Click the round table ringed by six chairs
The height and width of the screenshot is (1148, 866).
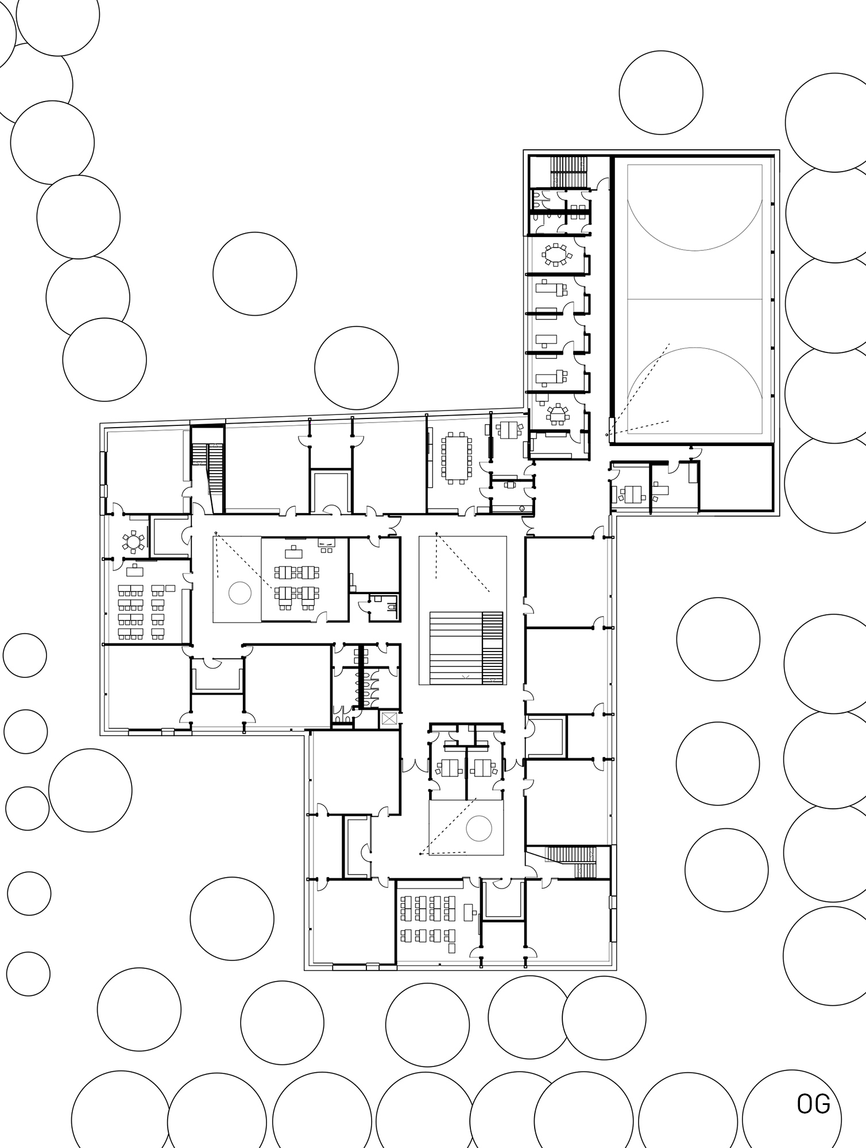133,541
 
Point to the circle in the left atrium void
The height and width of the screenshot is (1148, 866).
239,592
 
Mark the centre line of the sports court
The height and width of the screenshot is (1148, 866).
695,299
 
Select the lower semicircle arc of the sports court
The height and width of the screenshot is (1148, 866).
695,348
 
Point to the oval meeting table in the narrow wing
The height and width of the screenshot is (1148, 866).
555,254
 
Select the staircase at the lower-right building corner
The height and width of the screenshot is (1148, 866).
569,861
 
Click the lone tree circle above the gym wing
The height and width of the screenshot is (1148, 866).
661,93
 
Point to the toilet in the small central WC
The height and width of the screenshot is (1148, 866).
391,607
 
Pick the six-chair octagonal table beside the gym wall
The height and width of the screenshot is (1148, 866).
556,413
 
